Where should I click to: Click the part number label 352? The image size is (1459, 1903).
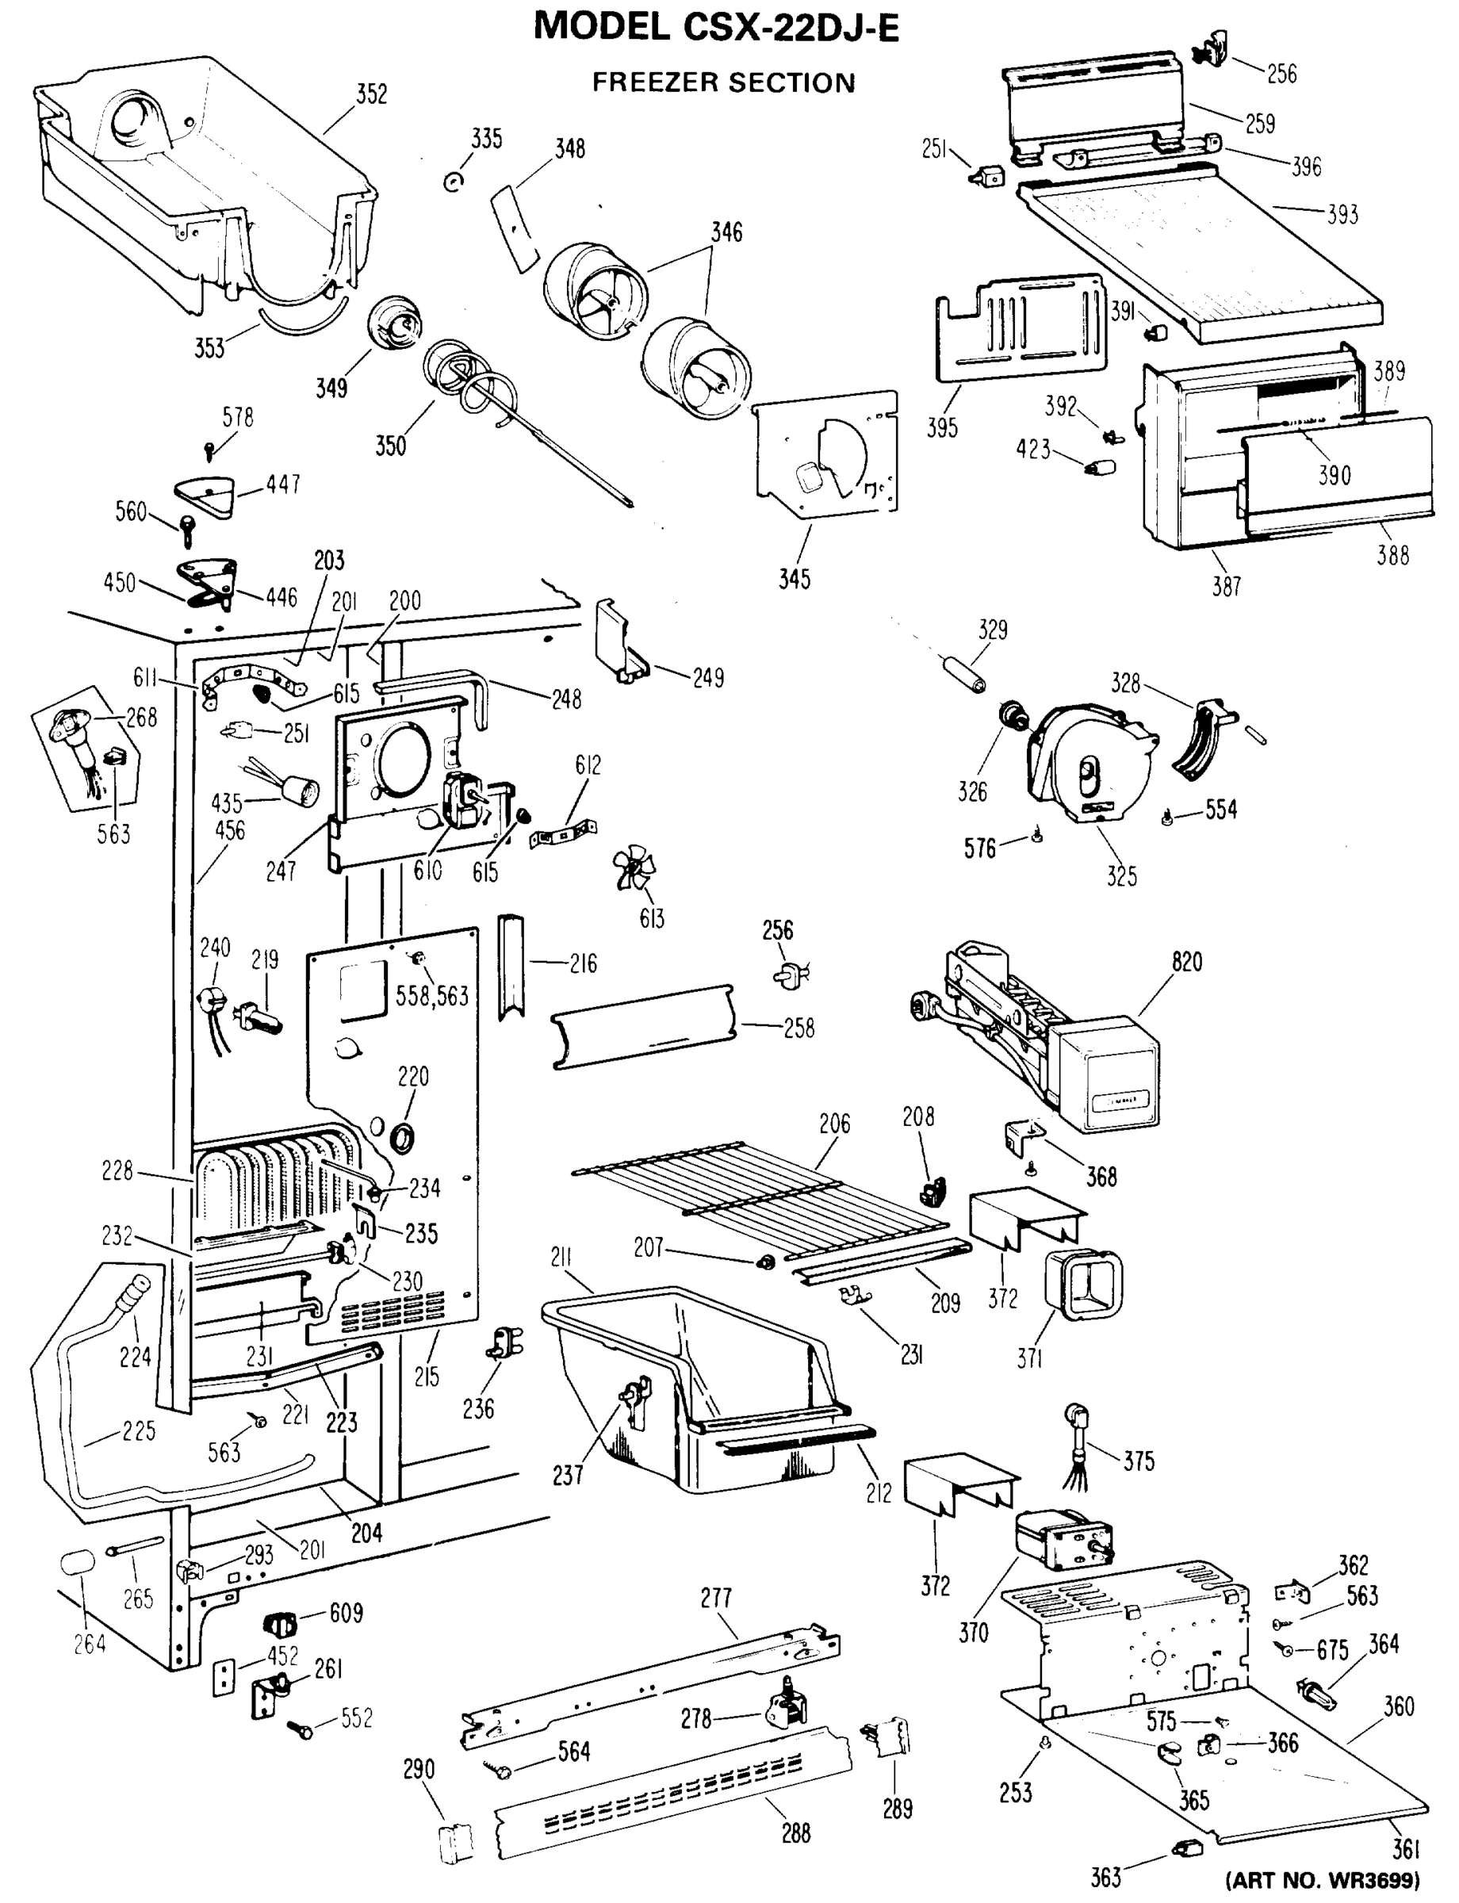coord(372,94)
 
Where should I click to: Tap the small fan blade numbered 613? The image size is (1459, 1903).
coord(633,869)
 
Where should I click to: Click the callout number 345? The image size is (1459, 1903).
coord(794,580)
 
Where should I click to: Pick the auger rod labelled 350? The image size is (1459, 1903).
coord(521,426)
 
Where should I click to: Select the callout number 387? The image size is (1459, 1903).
coord(1226,586)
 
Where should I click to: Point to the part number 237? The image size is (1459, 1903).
coord(567,1474)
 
